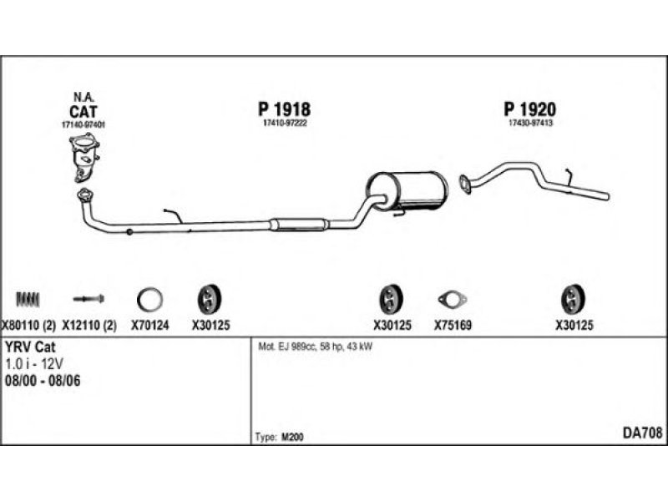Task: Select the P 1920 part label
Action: click(x=530, y=109)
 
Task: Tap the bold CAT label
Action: click(x=82, y=109)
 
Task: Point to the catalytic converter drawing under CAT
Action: click(x=83, y=159)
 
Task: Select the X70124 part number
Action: click(x=150, y=326)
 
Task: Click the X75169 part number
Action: click(x=453, y=326)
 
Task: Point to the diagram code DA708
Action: click(x=643, y=433)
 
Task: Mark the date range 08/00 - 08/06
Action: click(x=43, y=380)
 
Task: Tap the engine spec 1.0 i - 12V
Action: click(x=33, y=364)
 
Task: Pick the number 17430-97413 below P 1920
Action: click(x=530, y=124)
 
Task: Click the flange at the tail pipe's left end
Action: click(x=464, y=182)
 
